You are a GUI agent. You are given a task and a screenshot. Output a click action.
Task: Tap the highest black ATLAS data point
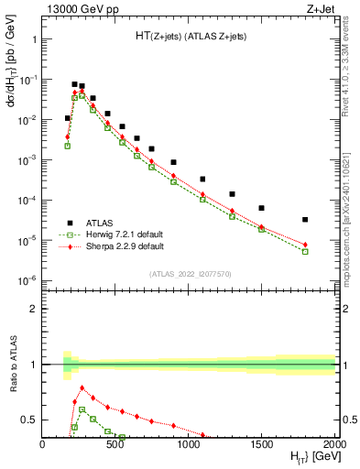tap(74, 84)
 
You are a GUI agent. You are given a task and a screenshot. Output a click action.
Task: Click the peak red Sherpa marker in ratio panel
tap(82, 387)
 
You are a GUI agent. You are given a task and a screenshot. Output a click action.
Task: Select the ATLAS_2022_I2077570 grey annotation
tap(189, 273)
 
